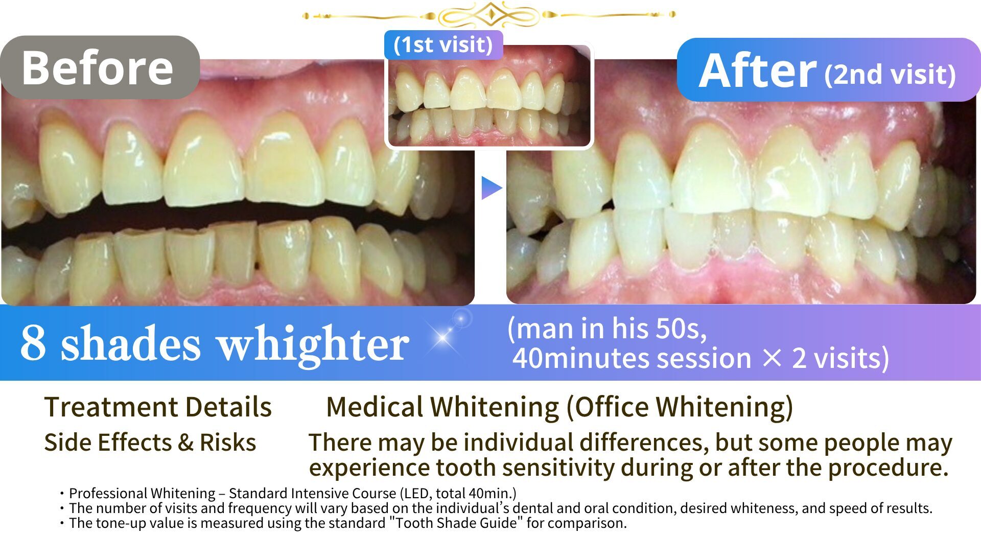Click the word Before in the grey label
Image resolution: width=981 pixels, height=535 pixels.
[98, 68]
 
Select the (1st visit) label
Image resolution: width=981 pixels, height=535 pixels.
[443, 44]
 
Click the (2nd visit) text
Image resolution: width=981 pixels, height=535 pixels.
[890, 75]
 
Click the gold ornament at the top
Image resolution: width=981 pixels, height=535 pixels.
[489, 15]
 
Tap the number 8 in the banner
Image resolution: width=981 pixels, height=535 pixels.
[33, 343]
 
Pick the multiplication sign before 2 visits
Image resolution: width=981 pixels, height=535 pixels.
[772, 358]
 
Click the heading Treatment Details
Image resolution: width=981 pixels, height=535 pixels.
[158, 407]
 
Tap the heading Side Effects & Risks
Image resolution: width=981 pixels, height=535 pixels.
[150, 443]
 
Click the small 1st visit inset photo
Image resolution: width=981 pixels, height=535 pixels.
[489, 96]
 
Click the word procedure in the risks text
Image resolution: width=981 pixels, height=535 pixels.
[888, 468]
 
